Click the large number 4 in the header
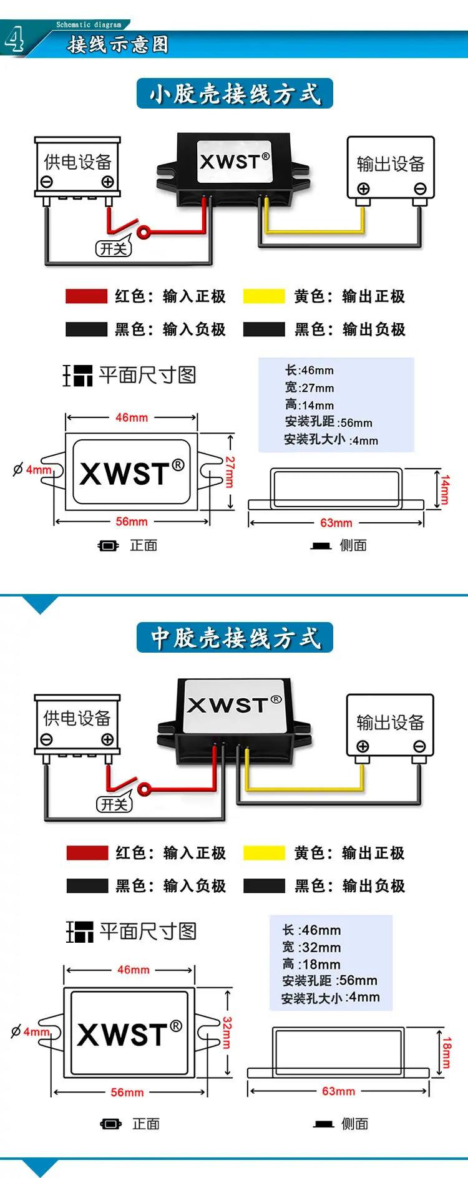coord(14,39)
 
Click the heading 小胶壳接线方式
coord(235,94)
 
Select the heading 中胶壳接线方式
coord(235,638)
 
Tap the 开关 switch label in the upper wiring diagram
coord(114,248)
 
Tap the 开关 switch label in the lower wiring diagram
coord(114,804)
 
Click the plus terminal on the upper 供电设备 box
coord(108,182)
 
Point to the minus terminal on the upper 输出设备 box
coord(420,188)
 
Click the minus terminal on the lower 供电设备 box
coord(46,739)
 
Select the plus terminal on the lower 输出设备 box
coord(363,746)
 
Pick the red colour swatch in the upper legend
coord(86,296)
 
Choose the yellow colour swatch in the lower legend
coord(264,852)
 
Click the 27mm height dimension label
coord(230,472)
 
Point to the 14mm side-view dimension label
coord(445,490)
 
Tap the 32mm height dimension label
coord(227,1033)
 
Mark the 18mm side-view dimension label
coord(447,1053)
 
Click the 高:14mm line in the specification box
coord(310,405)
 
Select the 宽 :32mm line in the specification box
coord(311,947)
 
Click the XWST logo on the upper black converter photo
coord(235,161)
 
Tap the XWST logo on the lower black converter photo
coord(235,704)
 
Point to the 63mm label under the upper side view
coord(336,523)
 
